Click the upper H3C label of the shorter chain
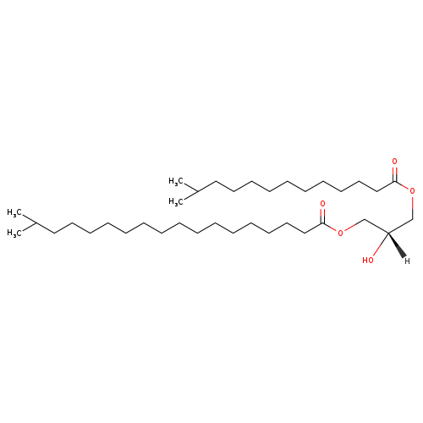point(176,181)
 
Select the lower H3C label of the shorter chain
point(176,202)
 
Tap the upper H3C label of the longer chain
point(14,212)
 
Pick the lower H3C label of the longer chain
point(14,233)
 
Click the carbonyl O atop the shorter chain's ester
point(394,162)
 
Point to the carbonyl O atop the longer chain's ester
point(322,203)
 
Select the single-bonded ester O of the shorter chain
point(412,191)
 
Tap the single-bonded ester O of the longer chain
point(341,233)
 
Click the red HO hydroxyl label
point(368,260)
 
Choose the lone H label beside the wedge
point(407,261)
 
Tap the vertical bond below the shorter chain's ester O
point(412,206)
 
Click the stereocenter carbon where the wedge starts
point(388,233)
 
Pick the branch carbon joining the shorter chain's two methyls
point(197,192)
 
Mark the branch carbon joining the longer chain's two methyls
point(36,222)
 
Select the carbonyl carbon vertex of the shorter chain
point(395,182)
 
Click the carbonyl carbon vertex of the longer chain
point(323,223)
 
